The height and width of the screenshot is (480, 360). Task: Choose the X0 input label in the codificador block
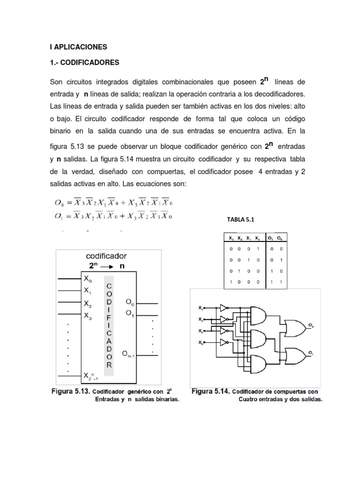tap(87, 278)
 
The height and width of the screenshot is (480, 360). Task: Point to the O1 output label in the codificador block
tap(130, 314)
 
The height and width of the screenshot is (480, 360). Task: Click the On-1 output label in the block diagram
tap(132, 353)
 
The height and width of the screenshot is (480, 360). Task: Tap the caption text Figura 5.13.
tap(71, 391)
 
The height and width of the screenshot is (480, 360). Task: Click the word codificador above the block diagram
tap(106, 256)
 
